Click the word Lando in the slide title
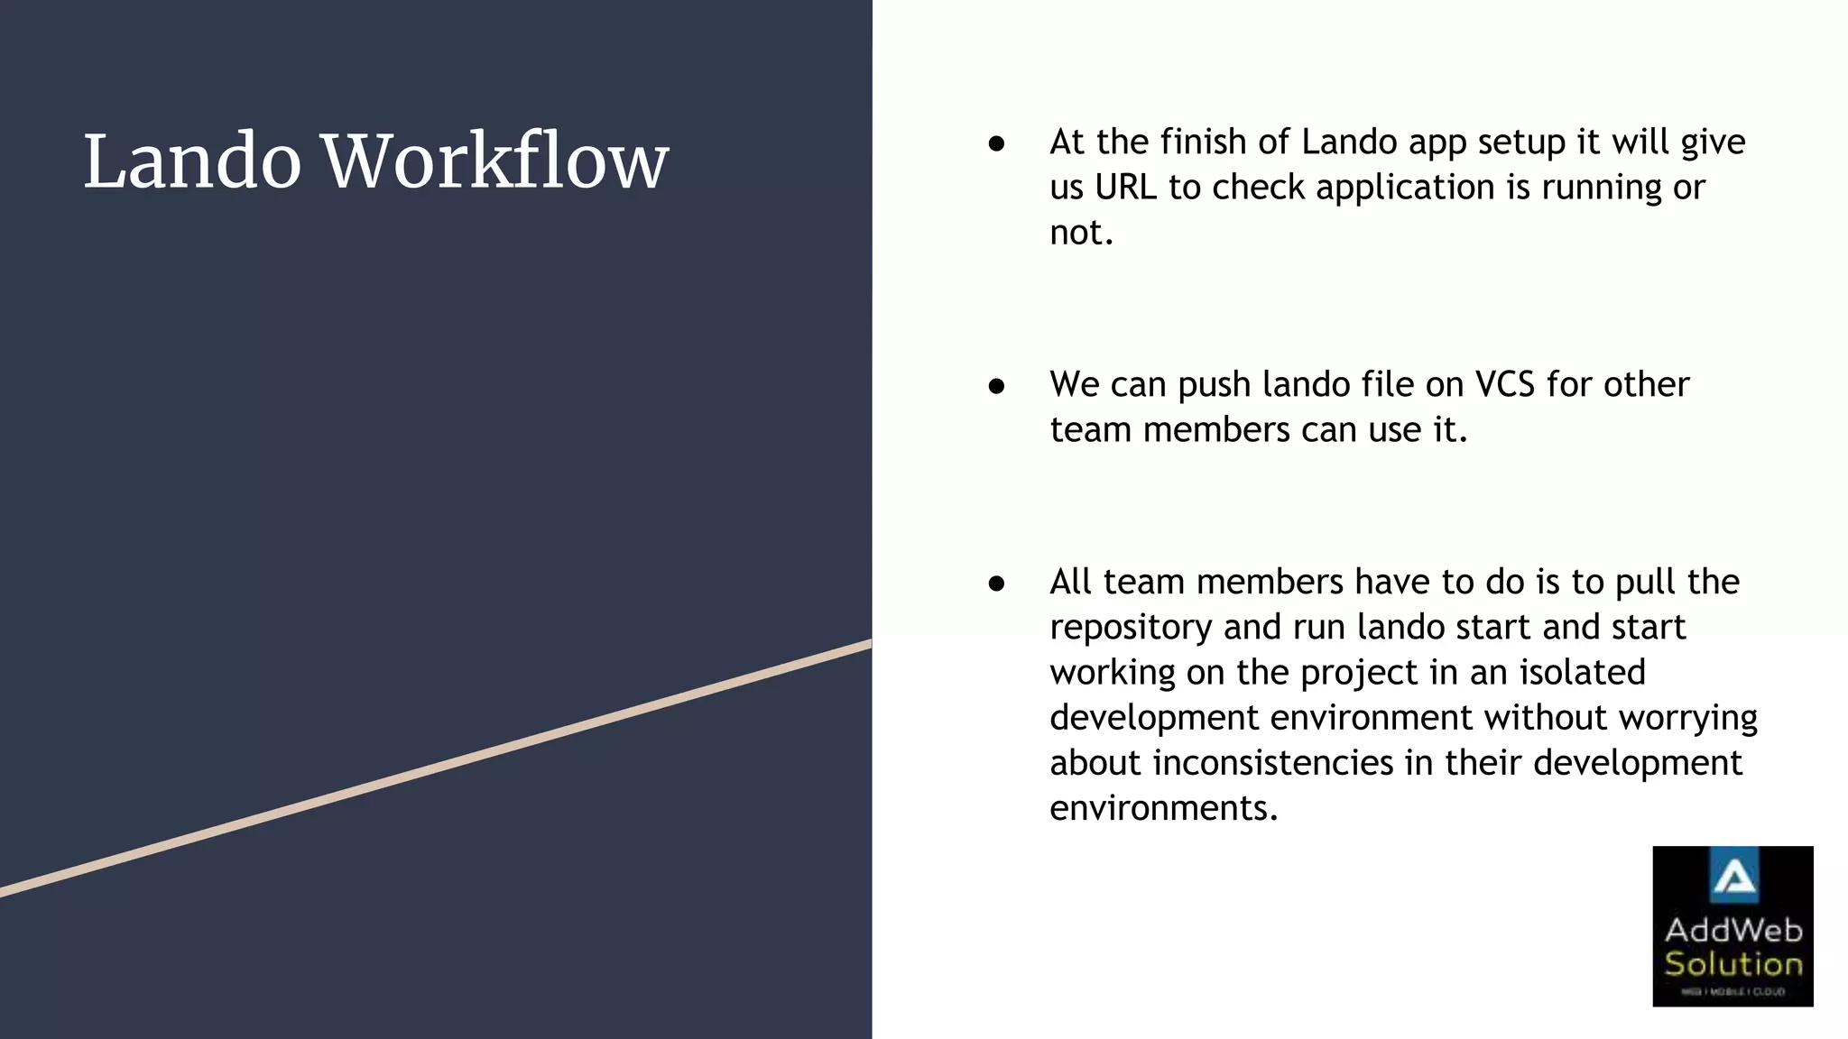coord(191,162)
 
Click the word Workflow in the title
coord(495,162)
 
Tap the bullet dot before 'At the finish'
coord(996,143)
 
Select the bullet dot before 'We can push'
coord(996,386)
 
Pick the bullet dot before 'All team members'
coord(996,584)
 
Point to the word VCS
coord(1504,385)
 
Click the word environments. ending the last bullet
coord(1163,808)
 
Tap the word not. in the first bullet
coord(1081,234)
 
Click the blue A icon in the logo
coord(1733,878)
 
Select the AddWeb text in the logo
coord(1732,930)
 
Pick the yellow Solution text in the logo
coord(1732,964)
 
